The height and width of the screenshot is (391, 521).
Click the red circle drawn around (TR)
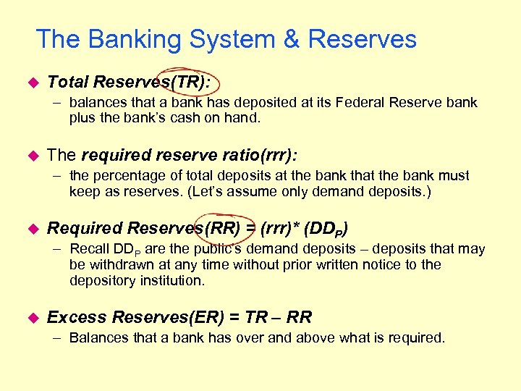pyautogui.click(x=190, y=80)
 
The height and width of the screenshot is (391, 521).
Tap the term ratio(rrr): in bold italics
pyautogui.click(x=261, y=155)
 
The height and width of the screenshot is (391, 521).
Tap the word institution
pyautogui.click(x=171, y=280)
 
